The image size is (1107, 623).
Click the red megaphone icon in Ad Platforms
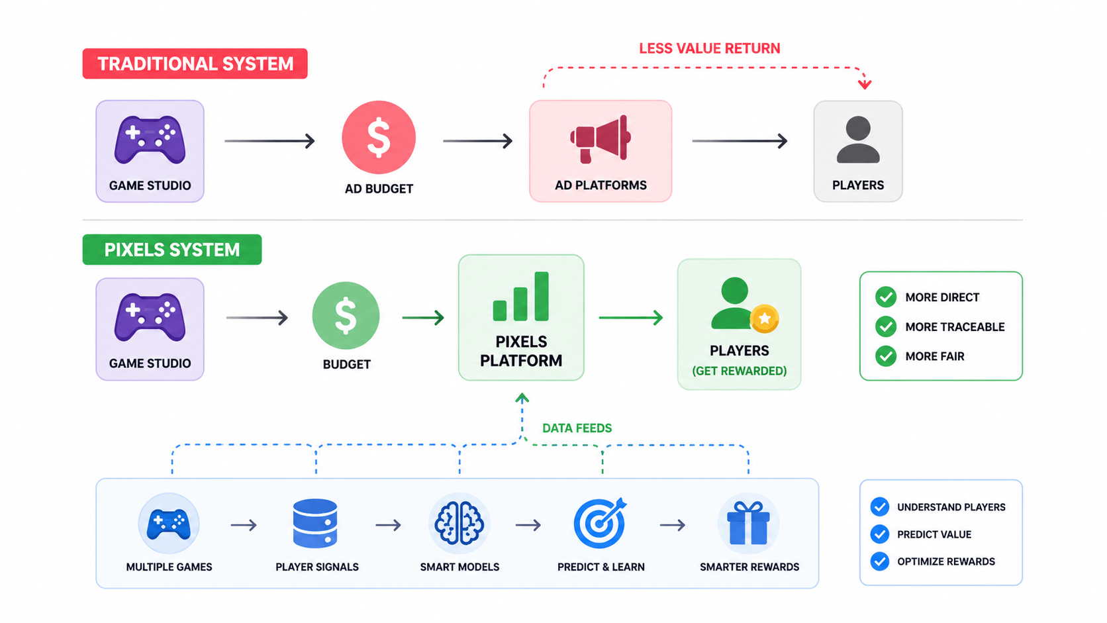pos(601,139)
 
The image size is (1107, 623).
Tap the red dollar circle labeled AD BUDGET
pos(379,138)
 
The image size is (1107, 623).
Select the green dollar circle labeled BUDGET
pos(346,316)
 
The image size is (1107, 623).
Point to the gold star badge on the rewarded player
pos(765,318)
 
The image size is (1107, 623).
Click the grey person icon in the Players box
pos(858,140)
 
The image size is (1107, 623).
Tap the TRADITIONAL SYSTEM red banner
pos(195,64)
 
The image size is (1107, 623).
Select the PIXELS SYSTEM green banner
pos(172,250)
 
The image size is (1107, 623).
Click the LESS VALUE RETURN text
pos(709,48)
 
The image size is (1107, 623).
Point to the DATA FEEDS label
pos(577,428)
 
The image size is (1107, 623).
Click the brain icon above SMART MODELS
pos(459,523)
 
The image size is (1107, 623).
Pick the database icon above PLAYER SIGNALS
pos(315,523)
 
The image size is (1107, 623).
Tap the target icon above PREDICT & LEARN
pos(600,523)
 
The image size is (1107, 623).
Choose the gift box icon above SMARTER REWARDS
pos(748,523)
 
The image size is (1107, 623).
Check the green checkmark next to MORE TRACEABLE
pos(886,326)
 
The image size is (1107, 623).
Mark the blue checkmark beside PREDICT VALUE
pos(880,534)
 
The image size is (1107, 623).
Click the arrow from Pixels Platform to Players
pos(630,318)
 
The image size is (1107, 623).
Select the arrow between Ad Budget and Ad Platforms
pos(477,141)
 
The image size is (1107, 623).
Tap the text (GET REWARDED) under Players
pos(739,371)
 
